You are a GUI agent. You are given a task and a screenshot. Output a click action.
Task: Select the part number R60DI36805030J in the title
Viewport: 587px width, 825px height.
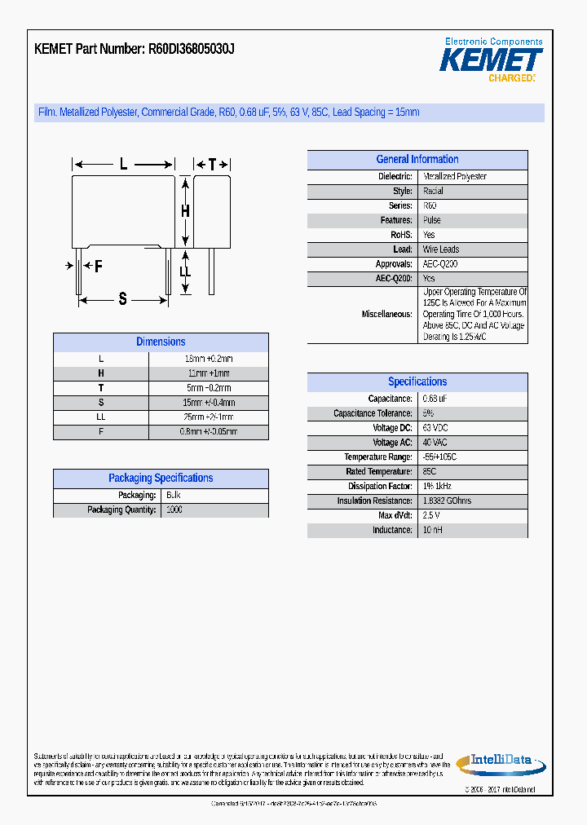[192, 49]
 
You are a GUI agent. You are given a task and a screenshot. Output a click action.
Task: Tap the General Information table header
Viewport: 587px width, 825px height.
[417, 160]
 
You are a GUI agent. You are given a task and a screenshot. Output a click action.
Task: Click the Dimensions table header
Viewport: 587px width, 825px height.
[161, 342]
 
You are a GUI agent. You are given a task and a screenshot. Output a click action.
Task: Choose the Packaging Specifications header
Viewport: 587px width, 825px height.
[161, 479]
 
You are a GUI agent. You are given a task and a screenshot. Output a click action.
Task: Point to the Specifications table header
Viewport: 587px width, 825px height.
[417, 382]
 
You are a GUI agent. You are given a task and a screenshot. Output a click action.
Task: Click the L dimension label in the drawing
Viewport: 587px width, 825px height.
[123, 164]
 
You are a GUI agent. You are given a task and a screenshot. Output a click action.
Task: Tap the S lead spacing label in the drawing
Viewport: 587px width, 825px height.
[122, 299]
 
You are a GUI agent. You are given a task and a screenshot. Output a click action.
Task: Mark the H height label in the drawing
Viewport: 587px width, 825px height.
[185, 210]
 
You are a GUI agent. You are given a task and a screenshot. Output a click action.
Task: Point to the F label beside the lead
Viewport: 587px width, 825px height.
[98, 266]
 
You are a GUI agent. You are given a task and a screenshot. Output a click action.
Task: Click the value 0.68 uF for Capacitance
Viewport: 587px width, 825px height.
[435, 399]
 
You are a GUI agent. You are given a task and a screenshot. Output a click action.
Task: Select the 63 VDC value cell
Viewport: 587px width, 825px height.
[435, 428]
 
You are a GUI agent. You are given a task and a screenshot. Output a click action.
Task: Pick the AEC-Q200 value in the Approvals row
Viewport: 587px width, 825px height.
[440, 264]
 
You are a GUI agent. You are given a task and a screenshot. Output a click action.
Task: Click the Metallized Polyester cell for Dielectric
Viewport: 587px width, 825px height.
[455, 176]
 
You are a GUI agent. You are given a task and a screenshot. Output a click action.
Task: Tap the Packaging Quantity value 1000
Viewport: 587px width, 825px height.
[174, 510]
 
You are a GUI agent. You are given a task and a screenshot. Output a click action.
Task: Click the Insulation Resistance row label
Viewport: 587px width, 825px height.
[374, 501]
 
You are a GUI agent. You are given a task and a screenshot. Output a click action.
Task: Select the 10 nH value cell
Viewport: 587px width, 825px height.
[433, 530]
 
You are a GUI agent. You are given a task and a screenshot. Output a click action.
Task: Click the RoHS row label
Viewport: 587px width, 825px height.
[401, 235]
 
